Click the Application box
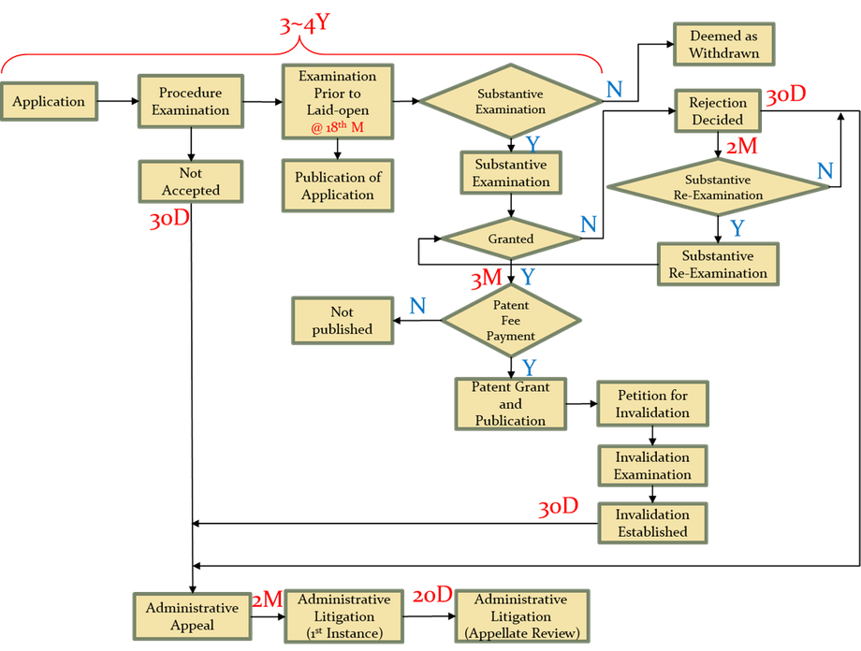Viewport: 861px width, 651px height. (49, 102)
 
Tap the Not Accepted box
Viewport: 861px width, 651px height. (191, 181)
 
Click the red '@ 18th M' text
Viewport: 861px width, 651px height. (337, 127)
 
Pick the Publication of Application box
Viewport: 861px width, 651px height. (337, 186)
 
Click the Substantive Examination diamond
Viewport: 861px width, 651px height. (510, 102)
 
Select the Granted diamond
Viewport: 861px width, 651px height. (510, 239)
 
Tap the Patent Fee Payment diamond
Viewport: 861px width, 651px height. (511, 321)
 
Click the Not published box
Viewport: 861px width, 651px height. (342, 320)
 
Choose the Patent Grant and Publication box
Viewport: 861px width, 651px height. (510, 404)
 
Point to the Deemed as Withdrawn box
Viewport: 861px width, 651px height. (723, 44)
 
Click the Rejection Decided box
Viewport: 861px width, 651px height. (717, 111)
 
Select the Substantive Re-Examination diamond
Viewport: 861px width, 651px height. (718, 187)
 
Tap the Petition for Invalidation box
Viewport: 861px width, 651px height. (652, 404)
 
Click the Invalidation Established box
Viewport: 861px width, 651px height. (652, 523)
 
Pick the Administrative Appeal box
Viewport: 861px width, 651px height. (192, 616)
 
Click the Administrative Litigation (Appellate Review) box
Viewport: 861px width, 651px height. (520, 616)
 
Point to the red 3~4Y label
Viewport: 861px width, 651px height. (303, 25)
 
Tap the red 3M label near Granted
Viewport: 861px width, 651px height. (487, 278)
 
